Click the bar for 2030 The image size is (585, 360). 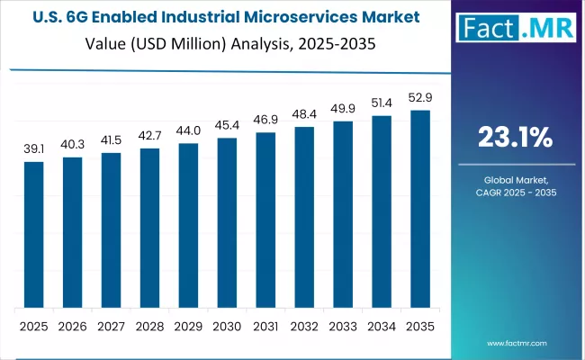(227, 222)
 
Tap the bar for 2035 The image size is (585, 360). (420, 209)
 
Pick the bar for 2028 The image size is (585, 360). (149, 227)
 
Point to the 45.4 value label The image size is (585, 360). (227, 126)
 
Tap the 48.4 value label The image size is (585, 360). (304, 115)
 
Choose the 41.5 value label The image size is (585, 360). (111, 141)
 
